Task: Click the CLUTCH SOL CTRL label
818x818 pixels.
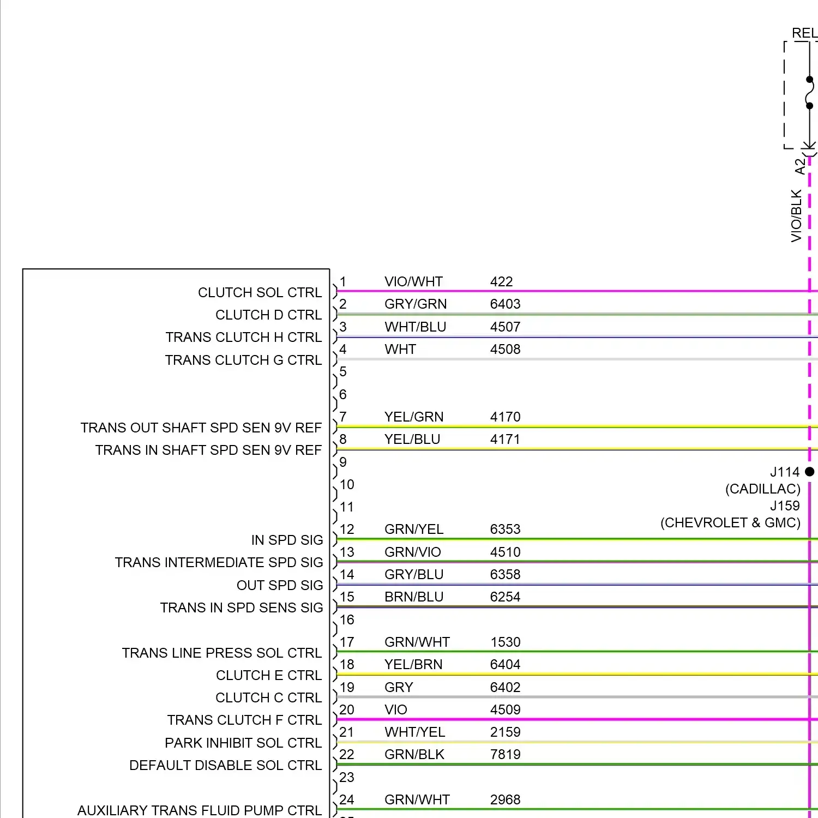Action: coord(260,293)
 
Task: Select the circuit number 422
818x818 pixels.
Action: coord(501,282)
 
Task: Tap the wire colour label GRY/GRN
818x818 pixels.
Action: coord(416,304)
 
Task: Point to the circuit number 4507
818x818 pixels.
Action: coord(505,327)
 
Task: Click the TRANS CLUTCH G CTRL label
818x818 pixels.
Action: coord(243,360)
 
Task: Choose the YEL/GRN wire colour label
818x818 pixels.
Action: coord(414,417)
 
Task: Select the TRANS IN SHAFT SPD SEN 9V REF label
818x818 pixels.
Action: coord(209,450)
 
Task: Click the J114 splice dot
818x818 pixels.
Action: coord(810,472)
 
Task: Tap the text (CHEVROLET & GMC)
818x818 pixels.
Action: coord(730,523)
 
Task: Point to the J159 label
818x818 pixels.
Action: coord(785,506)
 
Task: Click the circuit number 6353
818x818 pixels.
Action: coord(505,530)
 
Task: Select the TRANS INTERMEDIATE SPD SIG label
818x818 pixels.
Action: coord(219,563)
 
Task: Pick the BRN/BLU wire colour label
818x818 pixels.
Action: coord(414,597)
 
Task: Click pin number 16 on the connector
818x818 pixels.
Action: coord(347,620)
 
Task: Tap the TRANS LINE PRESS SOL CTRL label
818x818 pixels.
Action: coord(222,653)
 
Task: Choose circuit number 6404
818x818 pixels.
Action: coord(505,665)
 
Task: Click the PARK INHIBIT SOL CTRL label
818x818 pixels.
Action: coord(243,743)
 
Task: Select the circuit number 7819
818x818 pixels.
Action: coord(505,755)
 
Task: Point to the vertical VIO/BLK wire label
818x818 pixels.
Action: coord(797,216)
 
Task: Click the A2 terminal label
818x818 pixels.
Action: coord(800,167)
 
